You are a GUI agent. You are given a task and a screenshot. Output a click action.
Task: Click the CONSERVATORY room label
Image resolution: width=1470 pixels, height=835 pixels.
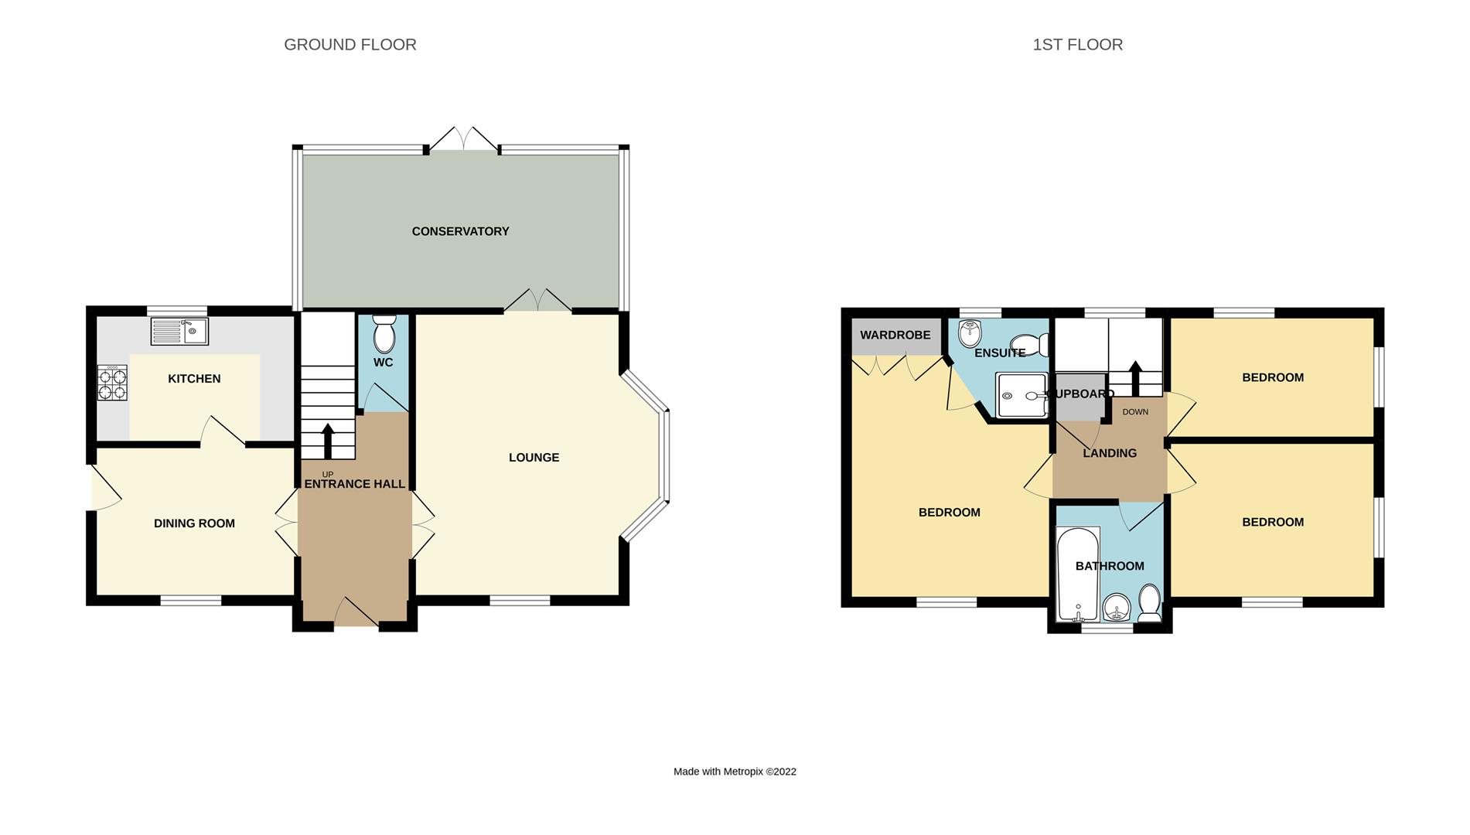460,231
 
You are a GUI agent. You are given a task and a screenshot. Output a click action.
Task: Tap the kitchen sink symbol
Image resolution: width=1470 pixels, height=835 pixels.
179,332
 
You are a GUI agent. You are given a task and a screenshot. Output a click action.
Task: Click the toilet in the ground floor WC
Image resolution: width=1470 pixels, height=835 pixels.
384,334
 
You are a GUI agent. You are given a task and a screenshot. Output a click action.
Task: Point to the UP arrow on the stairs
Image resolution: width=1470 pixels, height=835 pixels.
327,441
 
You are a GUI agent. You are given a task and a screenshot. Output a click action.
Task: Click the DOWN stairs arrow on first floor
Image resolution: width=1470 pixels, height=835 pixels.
1135,378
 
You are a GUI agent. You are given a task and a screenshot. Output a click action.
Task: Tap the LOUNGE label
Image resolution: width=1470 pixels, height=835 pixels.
534,458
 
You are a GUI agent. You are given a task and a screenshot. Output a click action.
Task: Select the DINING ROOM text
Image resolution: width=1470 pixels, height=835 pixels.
194,523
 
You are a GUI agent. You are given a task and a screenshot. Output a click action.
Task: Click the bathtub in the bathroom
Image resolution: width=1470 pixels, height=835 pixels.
1077,574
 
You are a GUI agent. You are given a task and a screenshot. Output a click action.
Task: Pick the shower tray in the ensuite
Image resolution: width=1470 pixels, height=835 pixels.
1021,396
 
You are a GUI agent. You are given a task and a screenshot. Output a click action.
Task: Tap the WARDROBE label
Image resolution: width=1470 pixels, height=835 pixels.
895,336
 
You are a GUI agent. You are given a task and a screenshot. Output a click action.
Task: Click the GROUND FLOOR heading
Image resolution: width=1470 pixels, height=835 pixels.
350,45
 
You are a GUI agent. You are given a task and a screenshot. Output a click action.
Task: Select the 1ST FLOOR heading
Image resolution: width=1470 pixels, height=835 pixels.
1077,45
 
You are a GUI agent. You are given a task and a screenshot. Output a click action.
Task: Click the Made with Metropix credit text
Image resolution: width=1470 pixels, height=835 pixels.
734,772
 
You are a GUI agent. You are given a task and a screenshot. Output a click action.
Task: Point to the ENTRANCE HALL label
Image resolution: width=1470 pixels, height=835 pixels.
354,484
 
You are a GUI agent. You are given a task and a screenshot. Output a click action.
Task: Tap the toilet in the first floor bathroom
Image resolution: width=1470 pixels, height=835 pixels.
1149,604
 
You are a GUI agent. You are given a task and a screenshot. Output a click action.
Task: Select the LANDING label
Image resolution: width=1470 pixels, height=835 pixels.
1109,453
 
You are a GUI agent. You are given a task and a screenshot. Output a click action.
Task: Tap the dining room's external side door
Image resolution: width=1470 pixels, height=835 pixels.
104,488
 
